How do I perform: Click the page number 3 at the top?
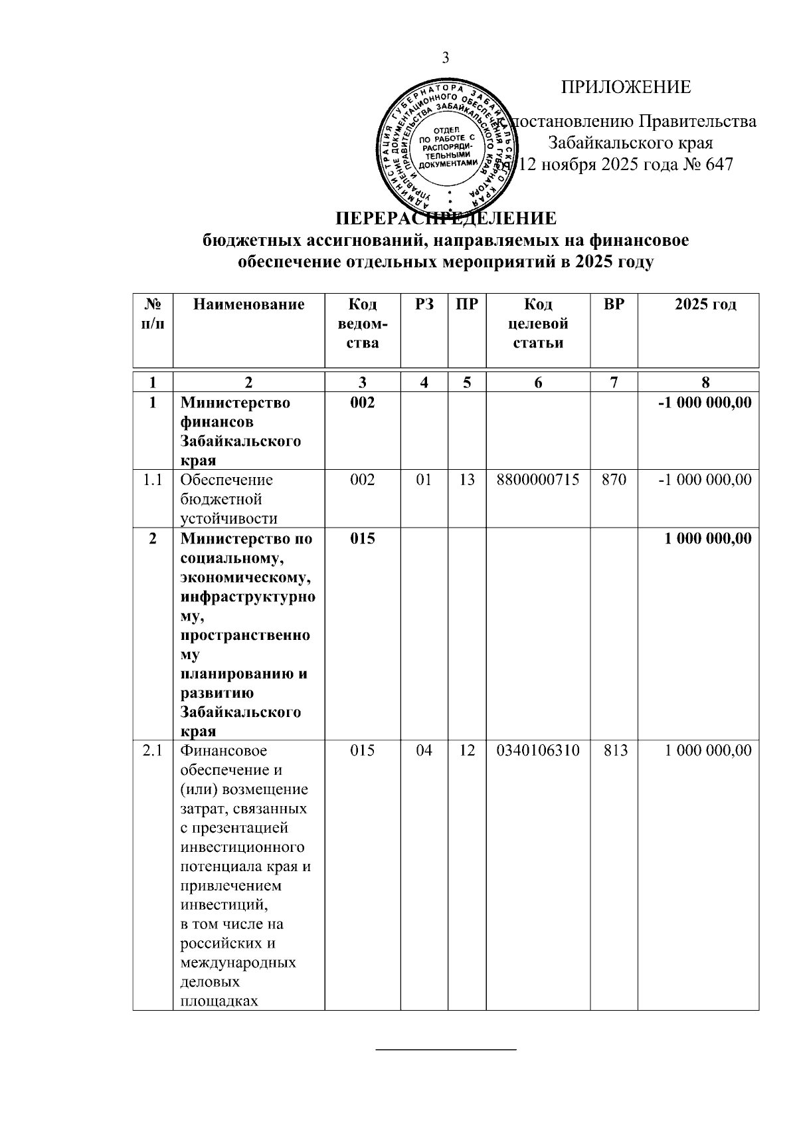[446, 58]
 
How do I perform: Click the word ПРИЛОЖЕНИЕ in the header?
[626, 87]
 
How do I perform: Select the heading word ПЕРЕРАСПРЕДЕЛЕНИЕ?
[445, 218]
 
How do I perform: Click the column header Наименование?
[248, 304]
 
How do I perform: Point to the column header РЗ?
[424, 304]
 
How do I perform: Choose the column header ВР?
[614, 304]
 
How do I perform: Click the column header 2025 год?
[705, 304]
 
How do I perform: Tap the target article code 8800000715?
[538, 479]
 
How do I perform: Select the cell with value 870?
[614, 479]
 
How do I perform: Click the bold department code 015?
[362, 538]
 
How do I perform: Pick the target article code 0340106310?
[538, 750]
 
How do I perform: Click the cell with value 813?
[614, 750]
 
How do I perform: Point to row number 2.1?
[153, 750]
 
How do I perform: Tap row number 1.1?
[153, 479]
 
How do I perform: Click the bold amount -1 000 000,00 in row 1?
[705, 402]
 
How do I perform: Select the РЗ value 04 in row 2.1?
[424, 750]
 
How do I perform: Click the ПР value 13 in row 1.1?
[467, 479]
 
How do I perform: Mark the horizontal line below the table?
[446, 1049]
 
